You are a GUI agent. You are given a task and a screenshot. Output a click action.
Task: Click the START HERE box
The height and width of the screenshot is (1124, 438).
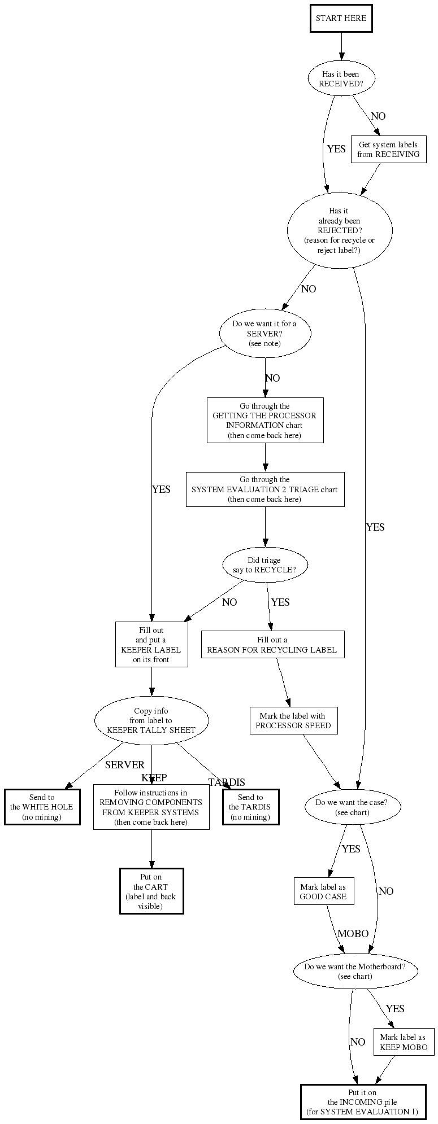[341, 18]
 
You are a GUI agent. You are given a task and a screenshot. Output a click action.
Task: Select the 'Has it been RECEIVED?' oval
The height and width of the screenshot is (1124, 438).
[340, 78]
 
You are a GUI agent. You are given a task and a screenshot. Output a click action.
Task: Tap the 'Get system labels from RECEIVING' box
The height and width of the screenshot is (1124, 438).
[388, 150]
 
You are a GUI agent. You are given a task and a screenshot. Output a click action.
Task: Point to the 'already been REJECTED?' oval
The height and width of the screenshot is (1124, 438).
[340, 230]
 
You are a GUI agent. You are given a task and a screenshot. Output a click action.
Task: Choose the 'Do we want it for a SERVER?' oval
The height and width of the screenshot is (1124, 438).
[264, 334]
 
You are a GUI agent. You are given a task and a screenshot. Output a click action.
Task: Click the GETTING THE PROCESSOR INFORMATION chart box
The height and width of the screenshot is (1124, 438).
[264, 421]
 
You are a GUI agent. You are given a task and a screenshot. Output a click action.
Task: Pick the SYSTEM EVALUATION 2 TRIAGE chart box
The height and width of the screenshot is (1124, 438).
[264, 489]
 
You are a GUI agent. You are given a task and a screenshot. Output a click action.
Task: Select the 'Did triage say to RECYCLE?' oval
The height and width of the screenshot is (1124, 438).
[264, 565]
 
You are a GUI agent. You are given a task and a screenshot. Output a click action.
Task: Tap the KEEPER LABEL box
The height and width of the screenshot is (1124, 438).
[151, 645]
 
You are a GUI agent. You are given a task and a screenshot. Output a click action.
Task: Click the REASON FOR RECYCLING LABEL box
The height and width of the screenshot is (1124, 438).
[272, 645]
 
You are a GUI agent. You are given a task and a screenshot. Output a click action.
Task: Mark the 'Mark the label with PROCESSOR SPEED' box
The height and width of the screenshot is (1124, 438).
[293, 721]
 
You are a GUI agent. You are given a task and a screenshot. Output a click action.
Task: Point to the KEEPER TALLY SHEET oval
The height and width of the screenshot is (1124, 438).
[151, 720]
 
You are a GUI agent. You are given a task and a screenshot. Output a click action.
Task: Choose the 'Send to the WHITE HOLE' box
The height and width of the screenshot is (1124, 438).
[42, 807]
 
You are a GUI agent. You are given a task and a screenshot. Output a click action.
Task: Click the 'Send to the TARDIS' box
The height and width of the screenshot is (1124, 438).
[250, 807]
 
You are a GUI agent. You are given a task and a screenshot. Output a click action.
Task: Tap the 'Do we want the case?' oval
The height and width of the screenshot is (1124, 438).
[352, 807]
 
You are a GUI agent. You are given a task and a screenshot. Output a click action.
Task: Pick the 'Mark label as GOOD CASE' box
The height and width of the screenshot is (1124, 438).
[323, 892]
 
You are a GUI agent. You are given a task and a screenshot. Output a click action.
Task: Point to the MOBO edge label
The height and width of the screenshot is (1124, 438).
[353, 934]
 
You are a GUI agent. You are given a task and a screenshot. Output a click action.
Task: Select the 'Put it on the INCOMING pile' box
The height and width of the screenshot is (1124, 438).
[362, 1102]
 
